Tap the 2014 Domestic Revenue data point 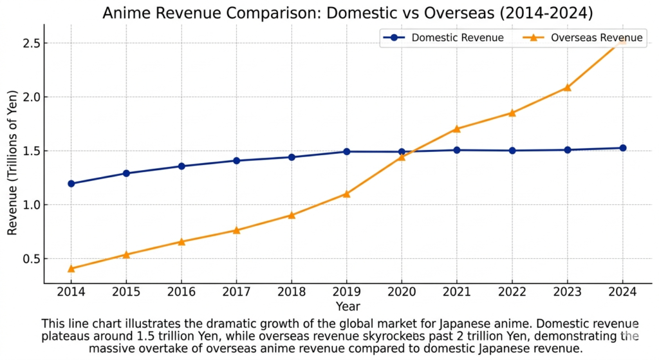[71, 184]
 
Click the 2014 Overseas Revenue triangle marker [71, 269]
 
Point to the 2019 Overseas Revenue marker [346, 193]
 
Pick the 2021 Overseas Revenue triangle [456, 129]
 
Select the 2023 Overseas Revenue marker [567, 87]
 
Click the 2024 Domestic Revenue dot [622, 148]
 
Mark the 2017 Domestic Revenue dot [236, 160]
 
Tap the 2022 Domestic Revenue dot [512, 151]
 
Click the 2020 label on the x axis [402, 292]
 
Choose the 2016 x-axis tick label [181, 292]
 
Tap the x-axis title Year [348, 307]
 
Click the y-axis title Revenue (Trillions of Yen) [12, 155]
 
